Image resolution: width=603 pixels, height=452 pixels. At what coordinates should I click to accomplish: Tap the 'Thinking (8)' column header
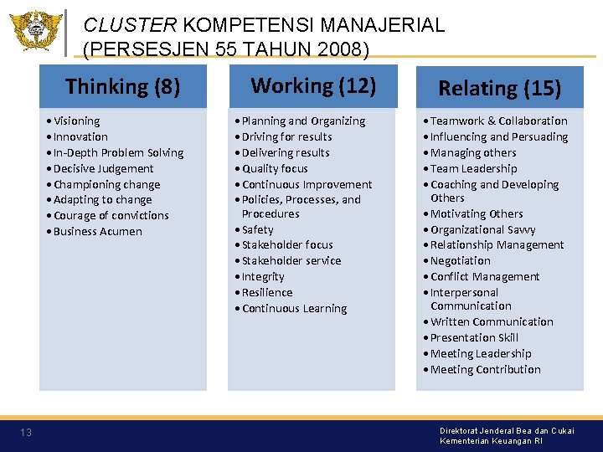click(x=122, y=86)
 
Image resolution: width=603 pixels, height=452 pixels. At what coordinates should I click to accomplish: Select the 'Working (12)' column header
click(x=313, y=85)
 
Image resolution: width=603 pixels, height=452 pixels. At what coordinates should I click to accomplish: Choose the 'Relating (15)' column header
click(x=499, y=88)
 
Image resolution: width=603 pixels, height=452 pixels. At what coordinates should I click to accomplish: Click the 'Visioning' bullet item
click(x=76, y=121)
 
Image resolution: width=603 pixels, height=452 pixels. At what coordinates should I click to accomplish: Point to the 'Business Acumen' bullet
click(x=97, y=231)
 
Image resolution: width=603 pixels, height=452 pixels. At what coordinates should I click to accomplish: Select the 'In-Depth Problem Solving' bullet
click(x=118, y=152)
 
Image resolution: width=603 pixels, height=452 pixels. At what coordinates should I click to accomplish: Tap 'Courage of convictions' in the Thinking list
click(x=111, y=215)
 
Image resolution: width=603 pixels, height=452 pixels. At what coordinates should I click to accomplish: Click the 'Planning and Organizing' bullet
click(x=303, y=121)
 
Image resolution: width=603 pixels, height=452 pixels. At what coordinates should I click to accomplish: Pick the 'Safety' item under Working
click(x=257, y=229)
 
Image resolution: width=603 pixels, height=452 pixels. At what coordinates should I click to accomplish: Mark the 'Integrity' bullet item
click(x=263, y=276)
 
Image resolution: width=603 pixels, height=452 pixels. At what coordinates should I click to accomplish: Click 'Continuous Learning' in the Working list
click(x=294, y=308)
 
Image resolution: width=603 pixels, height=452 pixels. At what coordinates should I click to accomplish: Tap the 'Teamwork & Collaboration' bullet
click(x=498, y=121)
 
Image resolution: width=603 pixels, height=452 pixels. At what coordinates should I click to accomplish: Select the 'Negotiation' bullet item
click(x=461, y=260)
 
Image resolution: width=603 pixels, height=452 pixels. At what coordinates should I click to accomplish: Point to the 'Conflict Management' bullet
click(x=485, y=276)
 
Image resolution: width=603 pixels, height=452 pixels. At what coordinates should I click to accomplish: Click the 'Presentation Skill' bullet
click(x=474, y=337)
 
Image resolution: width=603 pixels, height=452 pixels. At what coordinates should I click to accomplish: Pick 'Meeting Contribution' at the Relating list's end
click(x=485, y=369)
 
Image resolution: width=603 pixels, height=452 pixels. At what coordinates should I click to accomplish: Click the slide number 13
click(x=26, y=433)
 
